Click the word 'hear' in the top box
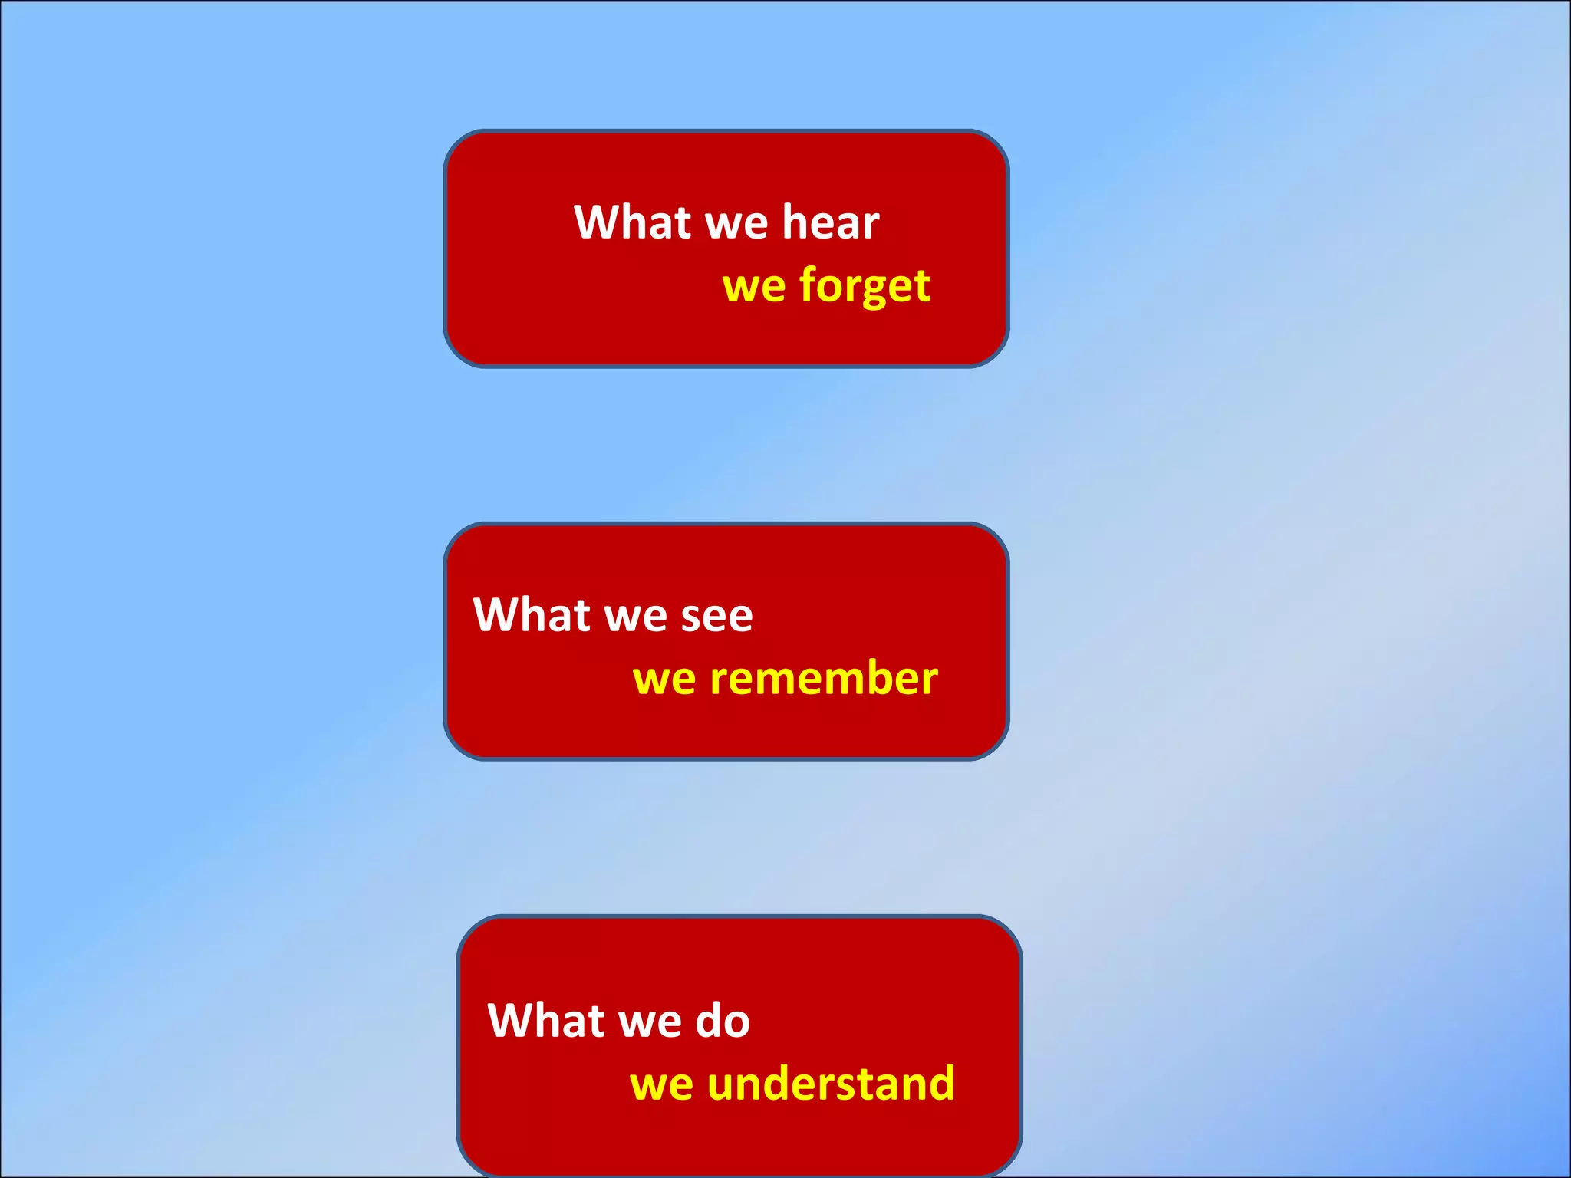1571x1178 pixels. tap(831, 222)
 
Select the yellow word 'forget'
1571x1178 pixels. tap(865, 287)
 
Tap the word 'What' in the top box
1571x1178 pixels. tap(632, 222)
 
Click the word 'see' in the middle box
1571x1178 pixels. tap(716, 617)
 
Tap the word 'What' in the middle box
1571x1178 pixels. tap(532, 615)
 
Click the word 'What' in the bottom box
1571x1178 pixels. tap(546, 1021)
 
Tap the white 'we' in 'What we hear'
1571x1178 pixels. tap(736, 225)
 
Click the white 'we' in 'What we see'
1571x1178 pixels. tap(635, 618)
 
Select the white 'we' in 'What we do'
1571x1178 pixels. tap(650, 1024)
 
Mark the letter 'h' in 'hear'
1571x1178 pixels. tap(794, 221)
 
